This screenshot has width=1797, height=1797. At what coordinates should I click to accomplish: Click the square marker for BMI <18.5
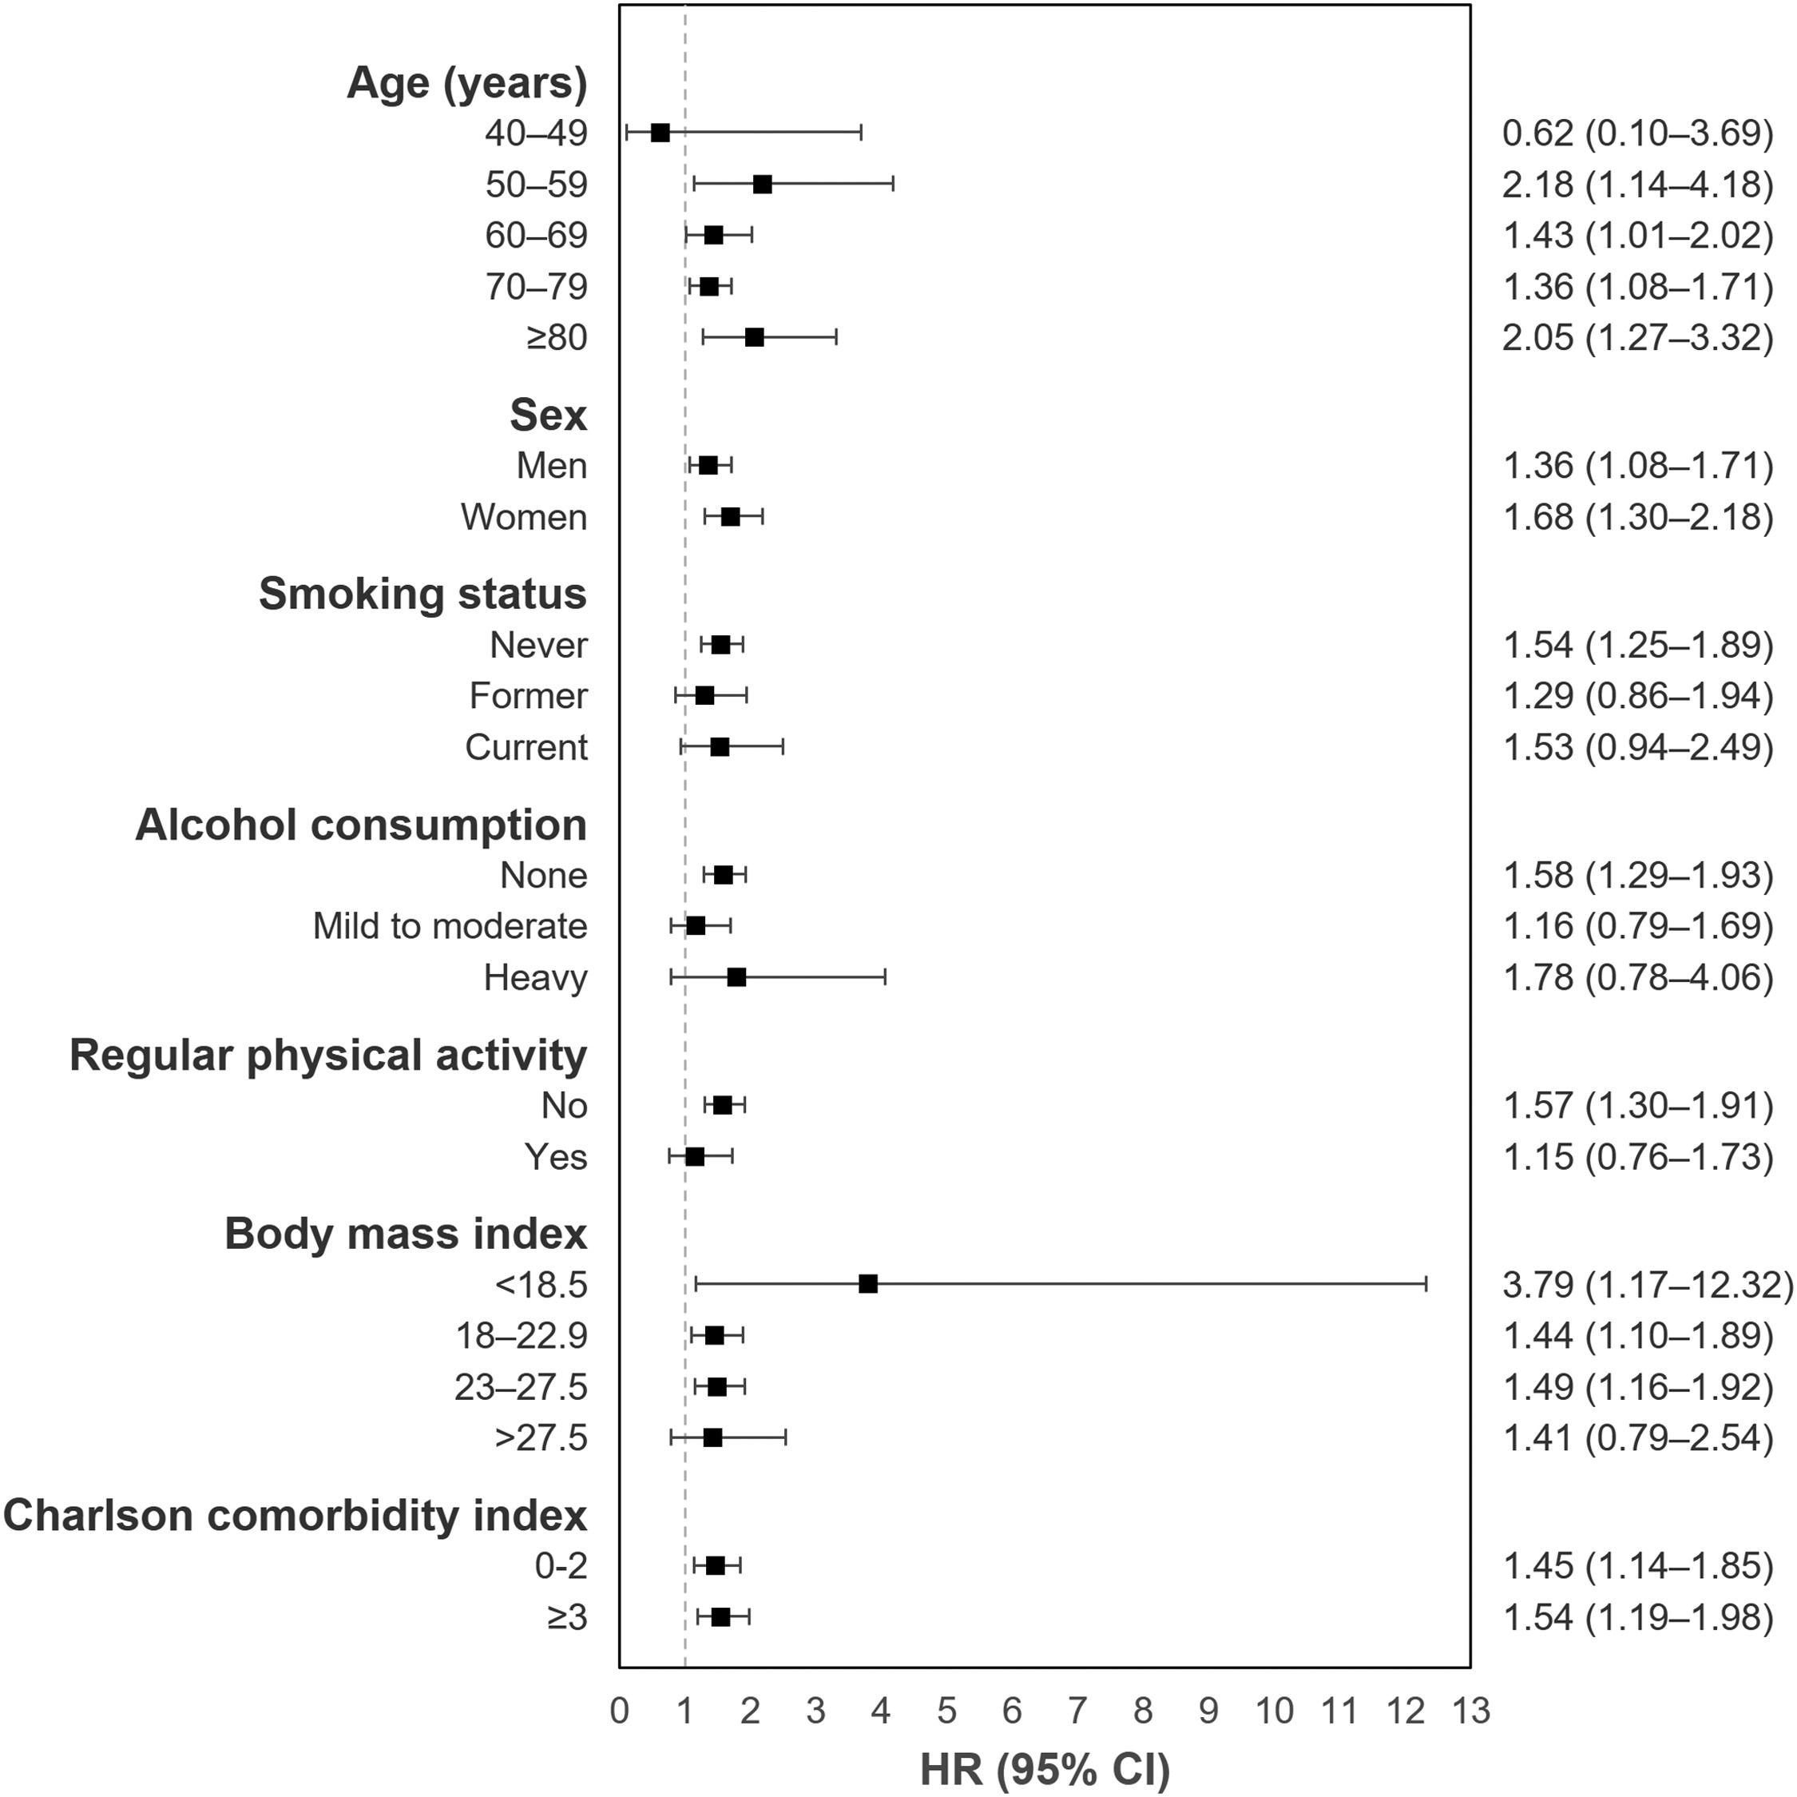[x=868, y=1284]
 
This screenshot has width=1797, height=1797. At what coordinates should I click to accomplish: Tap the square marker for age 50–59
[x=762, y=185]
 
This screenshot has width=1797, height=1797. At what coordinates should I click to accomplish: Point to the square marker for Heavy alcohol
[x=736, y=977]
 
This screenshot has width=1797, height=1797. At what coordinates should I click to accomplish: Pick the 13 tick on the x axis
[x=1470, y=1712]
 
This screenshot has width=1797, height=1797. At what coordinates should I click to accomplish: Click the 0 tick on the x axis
[x=620, y=1712]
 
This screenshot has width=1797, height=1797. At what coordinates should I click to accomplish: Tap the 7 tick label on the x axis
[x=1077, y=1712]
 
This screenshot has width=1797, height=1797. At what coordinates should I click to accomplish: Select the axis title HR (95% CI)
[x=1045, y=1770]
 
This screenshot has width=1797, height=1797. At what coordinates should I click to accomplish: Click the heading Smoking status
[x=422, y=594]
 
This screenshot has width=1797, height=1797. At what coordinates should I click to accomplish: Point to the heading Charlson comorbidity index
[x=295, y=1515]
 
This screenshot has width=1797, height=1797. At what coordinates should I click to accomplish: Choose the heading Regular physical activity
[x=327, y=1055]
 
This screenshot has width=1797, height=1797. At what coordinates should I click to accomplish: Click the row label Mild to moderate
[x=450, y=926]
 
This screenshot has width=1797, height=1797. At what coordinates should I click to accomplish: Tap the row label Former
[x=528, y=696]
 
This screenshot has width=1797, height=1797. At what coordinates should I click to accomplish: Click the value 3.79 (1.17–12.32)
[x=1647, y=1284]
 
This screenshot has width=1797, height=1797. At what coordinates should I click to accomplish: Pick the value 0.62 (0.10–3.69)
[x=1638, y=133]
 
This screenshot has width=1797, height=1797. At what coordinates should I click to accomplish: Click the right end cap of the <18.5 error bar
[x=1426, y=1284]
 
